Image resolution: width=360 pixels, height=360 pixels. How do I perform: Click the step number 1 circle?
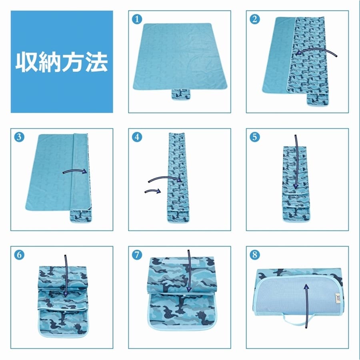click(x=137, y=19)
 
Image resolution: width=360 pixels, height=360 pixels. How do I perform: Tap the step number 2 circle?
click(x=255, y=19)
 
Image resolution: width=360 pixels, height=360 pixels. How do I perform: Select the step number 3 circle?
click(x=19, y=137)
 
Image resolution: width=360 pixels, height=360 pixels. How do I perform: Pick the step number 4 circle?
click(x=137, y=137)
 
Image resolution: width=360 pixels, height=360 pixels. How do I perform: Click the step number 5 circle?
click(x=255, y=137)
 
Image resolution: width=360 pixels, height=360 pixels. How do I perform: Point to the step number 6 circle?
click(x=19, y=255)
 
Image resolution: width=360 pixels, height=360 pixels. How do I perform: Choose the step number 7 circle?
click(x=137, y=255)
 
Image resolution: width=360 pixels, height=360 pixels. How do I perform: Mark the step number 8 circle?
click(x=255, y=255)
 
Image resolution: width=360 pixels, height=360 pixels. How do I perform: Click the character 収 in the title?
click(x=26, y=62)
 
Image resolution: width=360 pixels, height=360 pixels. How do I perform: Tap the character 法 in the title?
click(x=97, y=62)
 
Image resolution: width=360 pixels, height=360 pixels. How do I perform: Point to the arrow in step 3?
click(x=75, y=171)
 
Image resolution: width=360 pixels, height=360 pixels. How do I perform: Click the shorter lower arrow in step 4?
click(x=152, y=191)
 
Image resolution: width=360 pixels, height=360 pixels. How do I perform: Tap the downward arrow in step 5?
click(x=296, y=162)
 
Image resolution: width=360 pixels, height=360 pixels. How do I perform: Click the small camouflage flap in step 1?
click(x=181, y=94)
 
